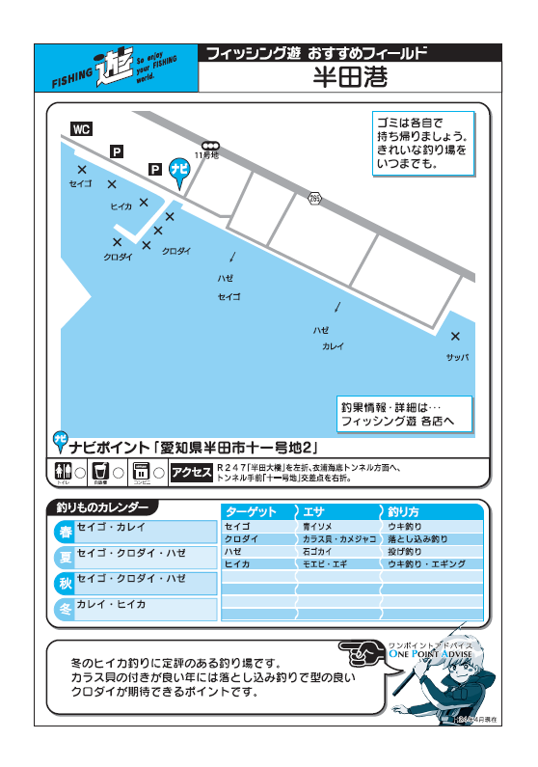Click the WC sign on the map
(x=82, y=129)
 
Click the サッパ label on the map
(x=457, y=357)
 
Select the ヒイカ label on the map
(x=121, y=206)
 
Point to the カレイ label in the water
(x=334, y=345)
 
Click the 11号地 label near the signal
(x=207, y=154)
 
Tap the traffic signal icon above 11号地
(x=209, y=145)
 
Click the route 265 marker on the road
(x=314, y=198)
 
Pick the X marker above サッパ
(x=455, y=336)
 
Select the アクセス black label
(x=191, y=472)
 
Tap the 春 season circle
(x=66, y=532)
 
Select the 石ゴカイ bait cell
(x=319, y=551)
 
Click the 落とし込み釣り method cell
(x=417, y=538)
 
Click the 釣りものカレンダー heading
(x=103, y=507)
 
